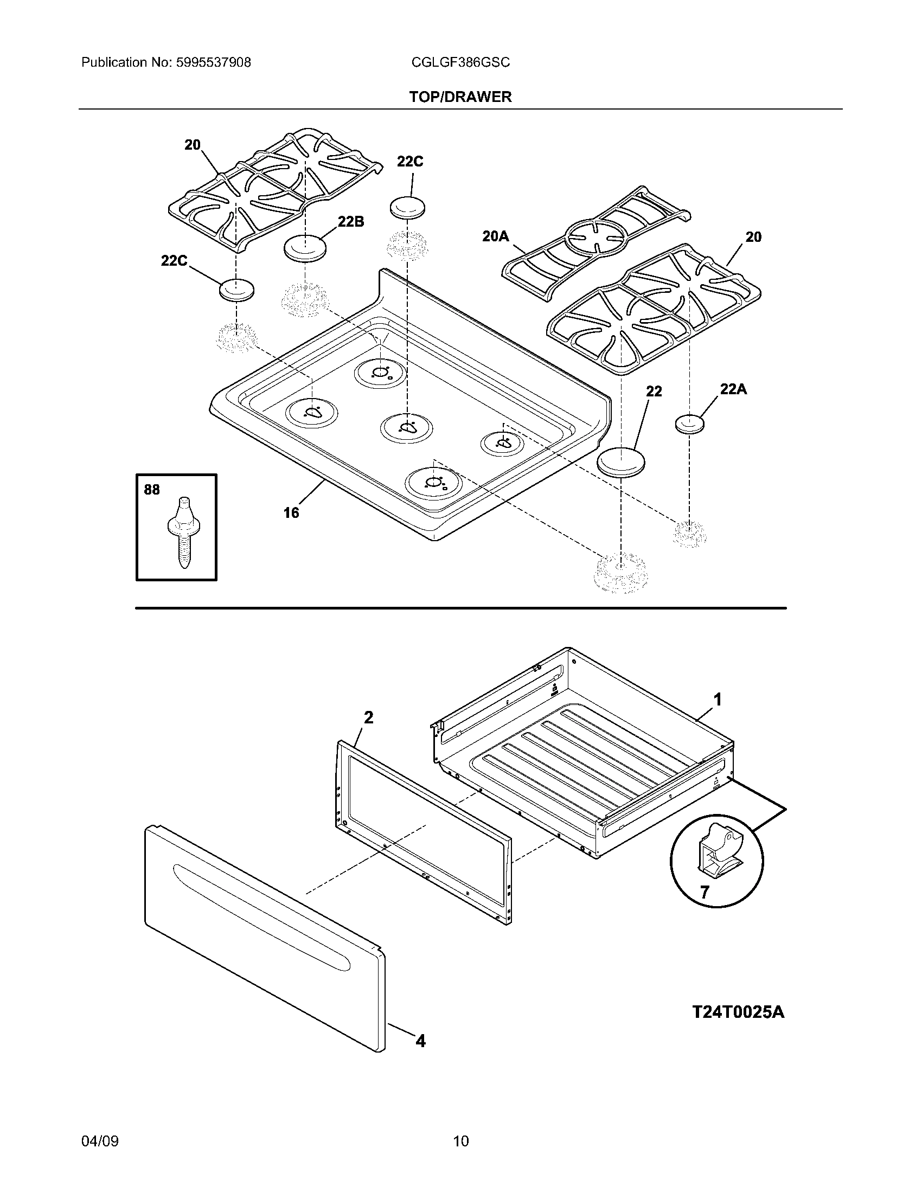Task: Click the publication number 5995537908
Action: pos(213,63)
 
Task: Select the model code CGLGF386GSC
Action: pos(460,63)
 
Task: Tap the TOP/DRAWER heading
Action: pos(460,97)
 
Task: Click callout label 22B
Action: pos(351,222)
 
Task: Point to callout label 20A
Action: pos(495,236)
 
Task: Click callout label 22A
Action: pos(734,389)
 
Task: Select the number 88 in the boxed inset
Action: pos(152,490)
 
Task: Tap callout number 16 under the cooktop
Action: pos(291,513)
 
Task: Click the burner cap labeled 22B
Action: pos(305,248)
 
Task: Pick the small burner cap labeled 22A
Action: pos(689,424)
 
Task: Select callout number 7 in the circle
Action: pos(705,893)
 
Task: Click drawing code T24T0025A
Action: pos(738,1012)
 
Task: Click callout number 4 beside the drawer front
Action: pos(420,1041)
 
